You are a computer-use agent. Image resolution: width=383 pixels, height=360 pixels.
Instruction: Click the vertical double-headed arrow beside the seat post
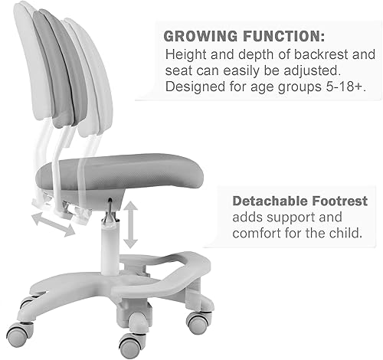click(x=131, y=224)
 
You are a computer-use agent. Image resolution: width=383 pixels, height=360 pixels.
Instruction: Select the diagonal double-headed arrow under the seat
click(x=54, y=223)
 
